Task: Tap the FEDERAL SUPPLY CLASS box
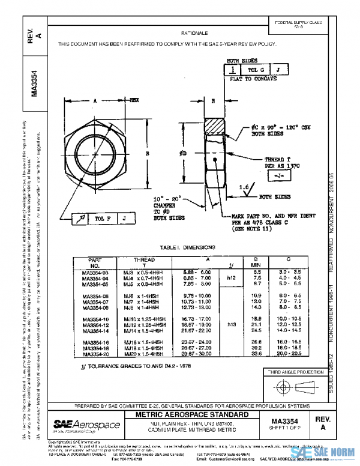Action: [x=298, y=24]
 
